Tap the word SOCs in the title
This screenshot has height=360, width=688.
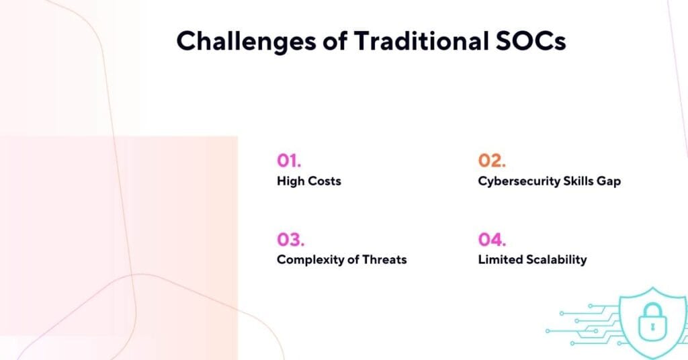534,41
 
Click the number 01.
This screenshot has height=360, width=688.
289,161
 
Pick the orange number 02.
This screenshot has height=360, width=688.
491,161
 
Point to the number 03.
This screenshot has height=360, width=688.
290,239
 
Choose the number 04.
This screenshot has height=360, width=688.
492,239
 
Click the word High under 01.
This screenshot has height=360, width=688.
290,181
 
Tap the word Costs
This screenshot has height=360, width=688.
325,181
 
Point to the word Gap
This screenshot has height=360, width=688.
609,181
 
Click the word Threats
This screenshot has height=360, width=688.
384,259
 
